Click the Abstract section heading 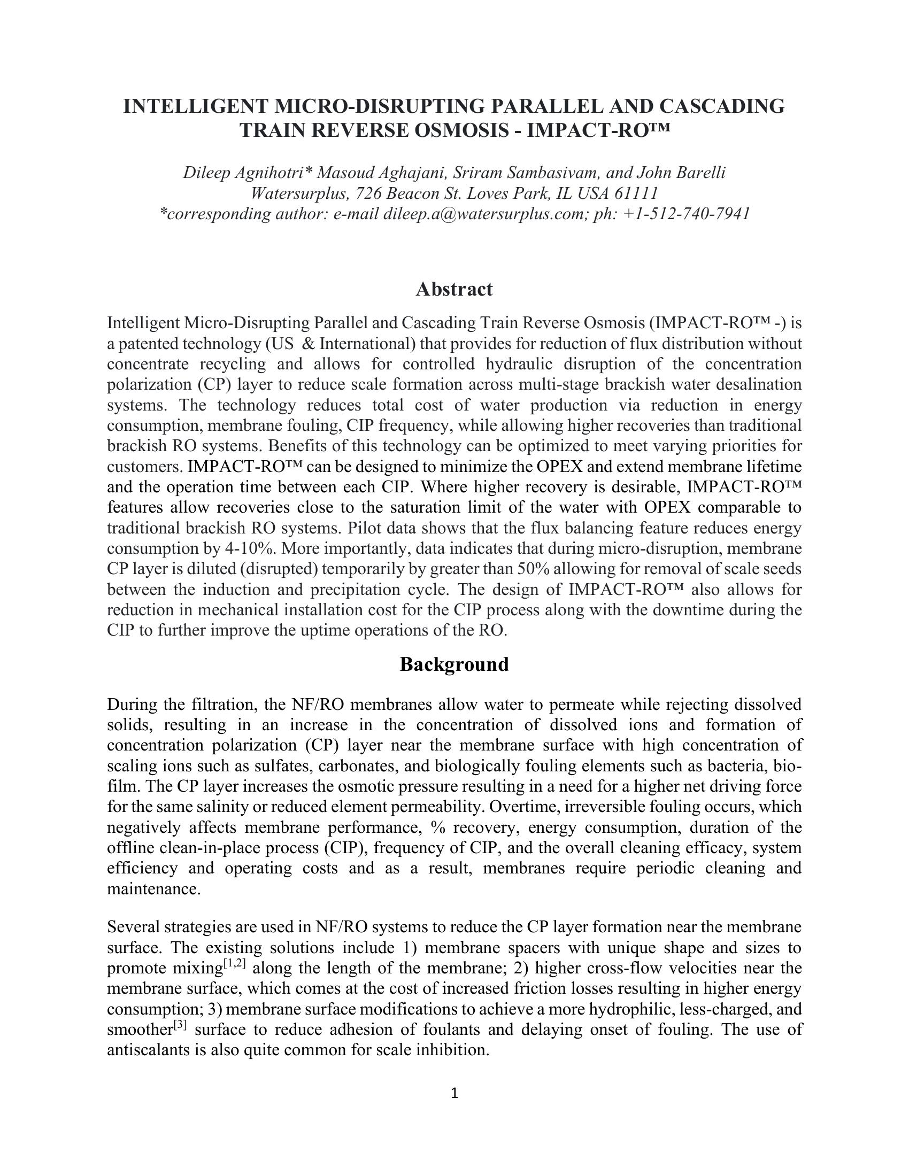[454, 290]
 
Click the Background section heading [454, 664]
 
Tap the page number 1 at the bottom [454, 1093]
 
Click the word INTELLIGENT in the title [196, 106]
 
